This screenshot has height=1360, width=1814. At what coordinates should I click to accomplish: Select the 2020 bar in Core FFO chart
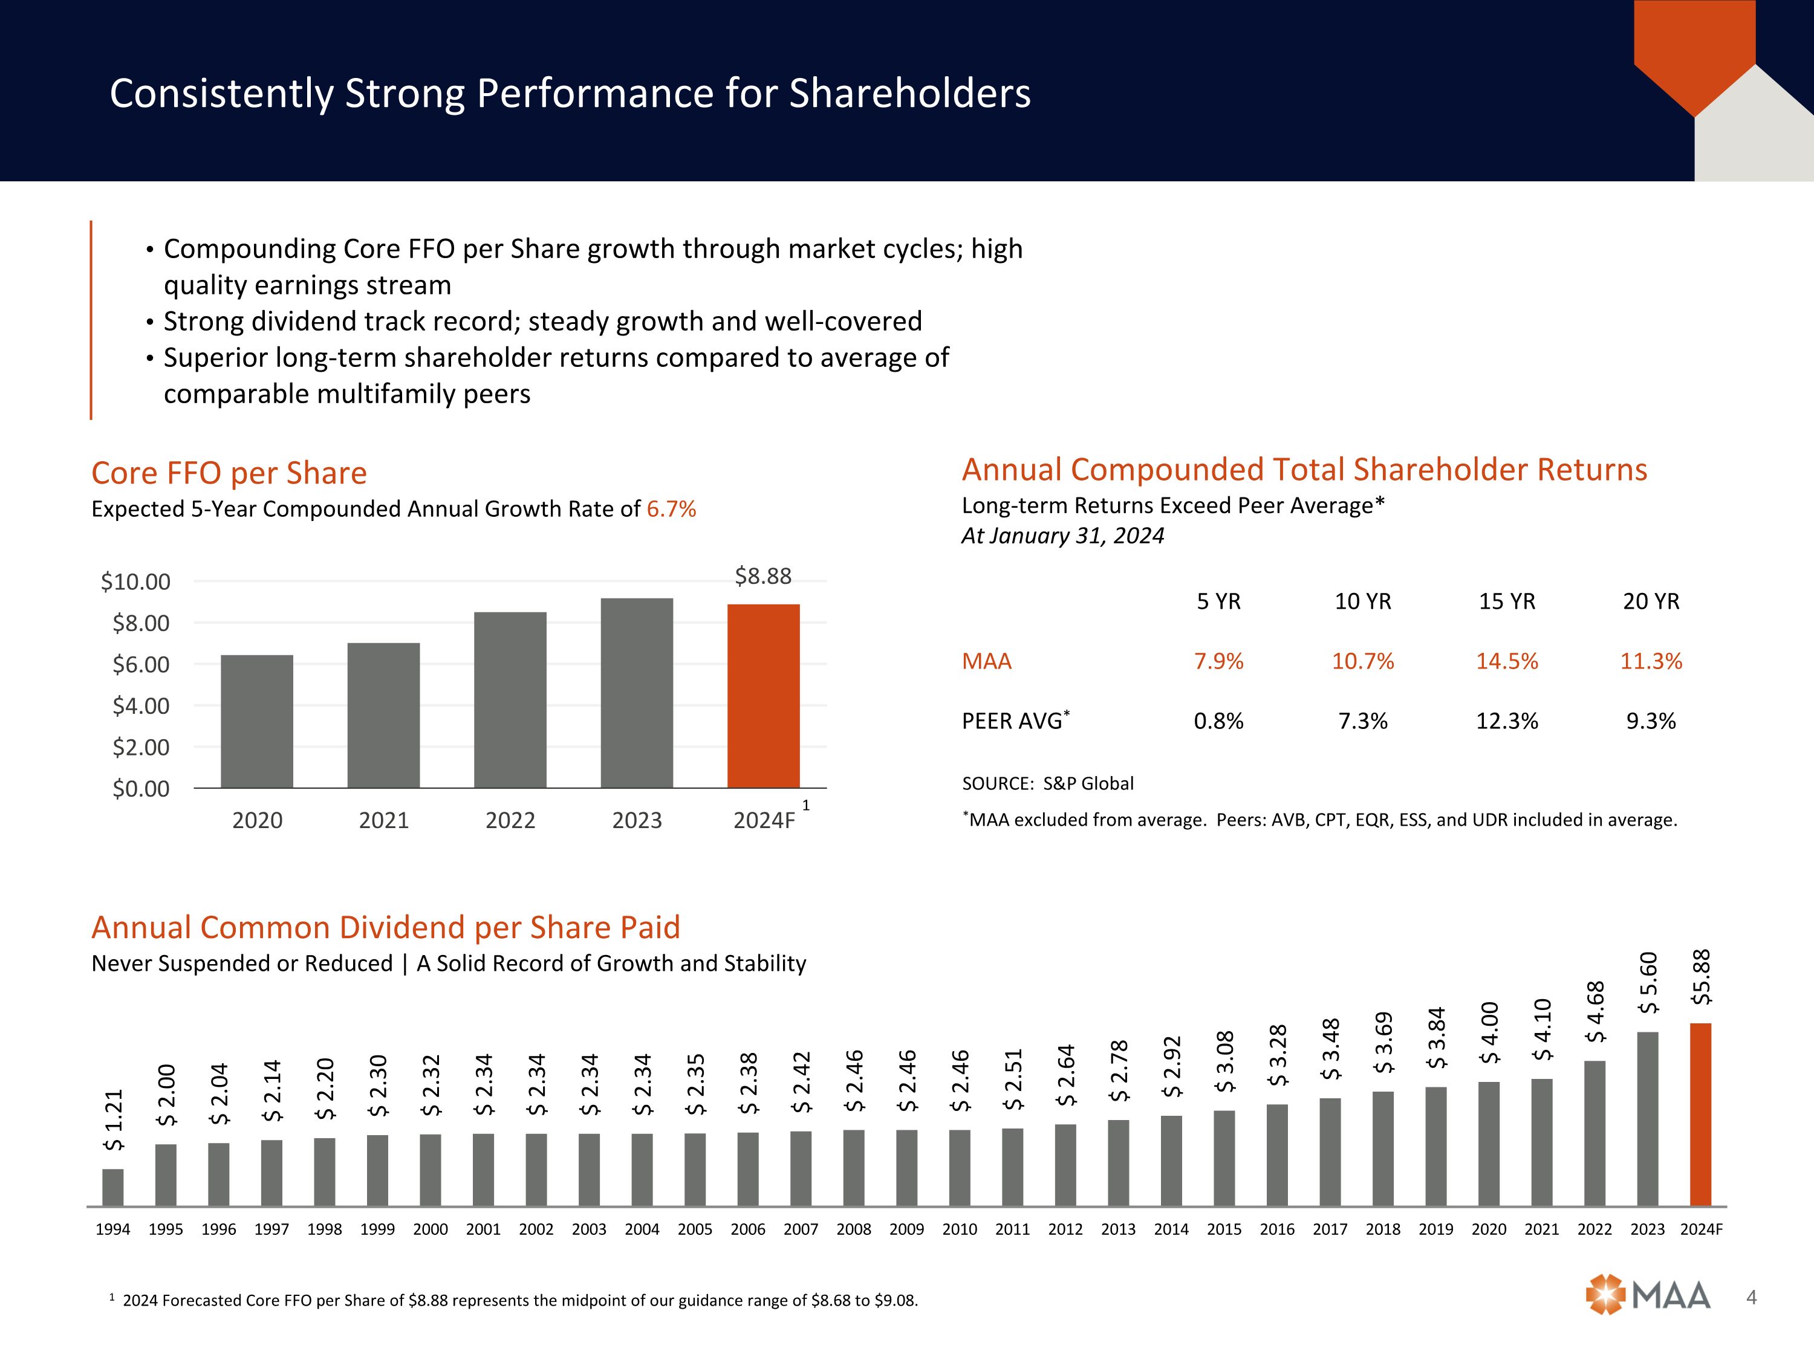[x=257, y=720]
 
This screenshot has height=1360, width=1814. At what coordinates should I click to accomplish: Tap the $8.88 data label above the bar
[x=762, y=576]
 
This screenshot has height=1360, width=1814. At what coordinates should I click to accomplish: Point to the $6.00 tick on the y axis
[x=141, y=665]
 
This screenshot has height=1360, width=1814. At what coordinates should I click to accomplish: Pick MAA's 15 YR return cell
[x=1506, y=661]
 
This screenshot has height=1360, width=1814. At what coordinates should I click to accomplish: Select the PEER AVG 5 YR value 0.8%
[x=1218, y=721]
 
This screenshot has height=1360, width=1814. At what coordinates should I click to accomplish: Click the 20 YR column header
[x=1651, y=601]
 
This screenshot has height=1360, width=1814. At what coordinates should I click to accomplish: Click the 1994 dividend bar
[x=113, y=1187]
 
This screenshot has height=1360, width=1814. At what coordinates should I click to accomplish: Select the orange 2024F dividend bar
[x=1701, y=1114]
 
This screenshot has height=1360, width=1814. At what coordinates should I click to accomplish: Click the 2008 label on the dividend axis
[x=854, y=1229]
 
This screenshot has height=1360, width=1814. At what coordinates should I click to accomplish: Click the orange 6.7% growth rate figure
[x=671, y=509]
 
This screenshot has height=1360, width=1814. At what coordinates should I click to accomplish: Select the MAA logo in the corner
[x=1648, y=1296]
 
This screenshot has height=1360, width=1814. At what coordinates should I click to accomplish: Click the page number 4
[x=1752, y=1297]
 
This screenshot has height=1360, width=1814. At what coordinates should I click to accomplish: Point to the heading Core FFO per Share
[x=229, y=473]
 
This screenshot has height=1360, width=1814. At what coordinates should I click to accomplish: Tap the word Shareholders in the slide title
[x=909, y=94]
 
